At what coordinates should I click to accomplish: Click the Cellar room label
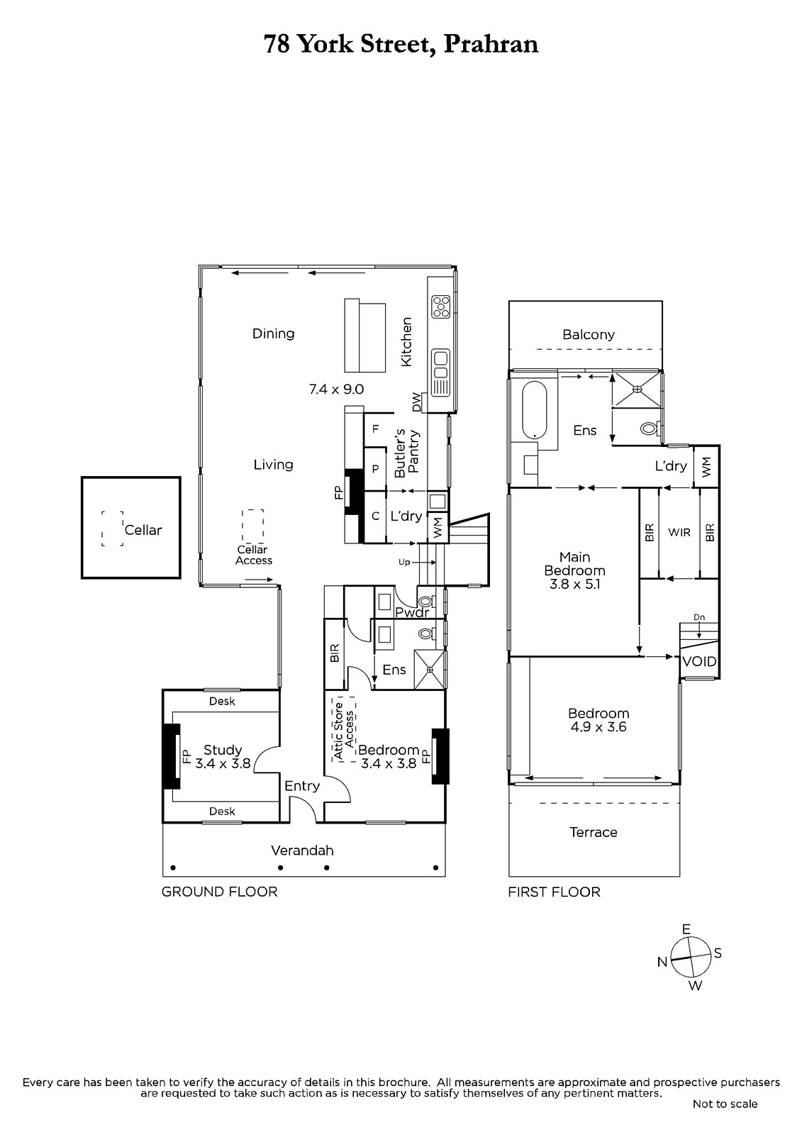coord(143,530)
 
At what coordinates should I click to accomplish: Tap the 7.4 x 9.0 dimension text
coord(336,389)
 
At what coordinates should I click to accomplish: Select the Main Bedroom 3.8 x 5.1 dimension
coord(574,585)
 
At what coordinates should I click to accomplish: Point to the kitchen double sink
coord(440,372)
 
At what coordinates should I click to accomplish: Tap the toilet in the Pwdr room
coord(425,602)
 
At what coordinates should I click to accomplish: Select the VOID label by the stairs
coord(699,661)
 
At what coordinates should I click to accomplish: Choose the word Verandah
coord(302,851)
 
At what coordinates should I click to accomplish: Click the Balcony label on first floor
coord(588,334)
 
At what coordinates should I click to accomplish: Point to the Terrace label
coord(594,833)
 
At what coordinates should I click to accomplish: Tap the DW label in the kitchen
coord(416,402)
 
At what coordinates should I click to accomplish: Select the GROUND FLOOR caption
coord(219,892)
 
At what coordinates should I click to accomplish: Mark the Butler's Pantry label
coord(407,452)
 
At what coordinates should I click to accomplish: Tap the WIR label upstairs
coord(679,533)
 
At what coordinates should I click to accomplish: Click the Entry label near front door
coord(302,786)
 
